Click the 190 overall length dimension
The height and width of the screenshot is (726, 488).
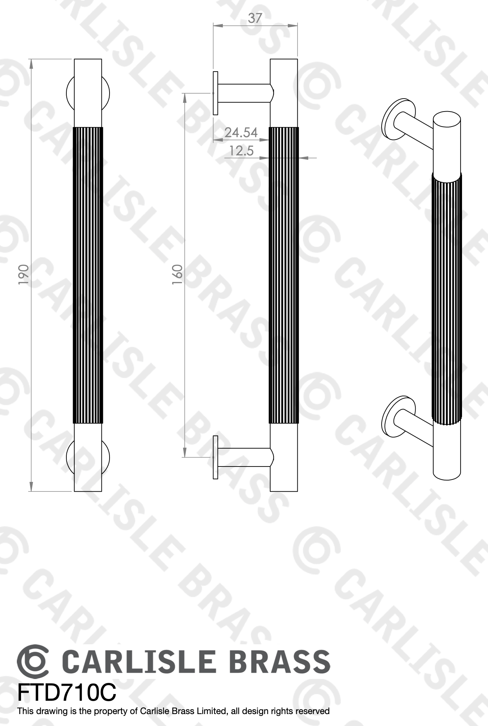click(23, 275)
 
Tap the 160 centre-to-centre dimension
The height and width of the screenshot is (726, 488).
click(177, 275)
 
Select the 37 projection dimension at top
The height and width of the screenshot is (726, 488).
click(255, 18)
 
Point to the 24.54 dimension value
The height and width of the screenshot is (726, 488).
click(241, 133)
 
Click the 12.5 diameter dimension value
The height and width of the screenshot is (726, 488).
click(241, 151)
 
